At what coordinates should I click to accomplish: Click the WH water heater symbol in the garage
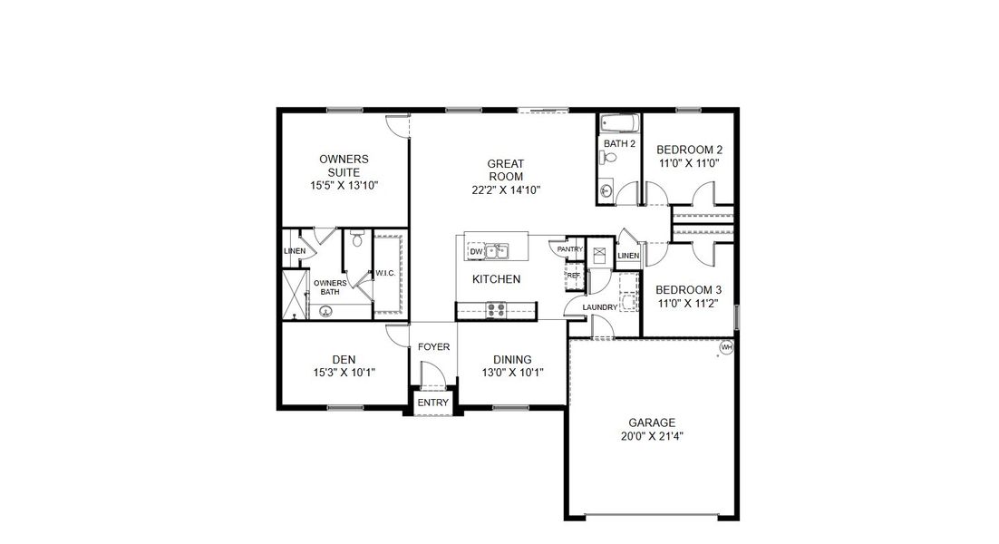pos(725,347)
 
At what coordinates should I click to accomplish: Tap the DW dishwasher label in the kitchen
pos(474,252)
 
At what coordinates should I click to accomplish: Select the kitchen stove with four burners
pos(496,309)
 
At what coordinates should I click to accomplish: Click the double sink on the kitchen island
pos(496,251)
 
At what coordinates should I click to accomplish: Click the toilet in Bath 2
pos(610,159)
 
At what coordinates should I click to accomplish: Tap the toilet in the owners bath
pos(357,240)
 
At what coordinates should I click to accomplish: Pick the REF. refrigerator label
pos(573,275)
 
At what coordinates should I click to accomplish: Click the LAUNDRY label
pos(599,307)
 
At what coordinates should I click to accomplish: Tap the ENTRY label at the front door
pos(432,403)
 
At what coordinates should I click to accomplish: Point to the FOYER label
pos(433,346)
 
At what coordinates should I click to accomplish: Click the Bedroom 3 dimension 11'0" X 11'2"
pos(689,304)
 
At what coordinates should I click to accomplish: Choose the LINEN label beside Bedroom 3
pos(628,256)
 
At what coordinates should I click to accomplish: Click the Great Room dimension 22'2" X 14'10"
pos(506,190)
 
